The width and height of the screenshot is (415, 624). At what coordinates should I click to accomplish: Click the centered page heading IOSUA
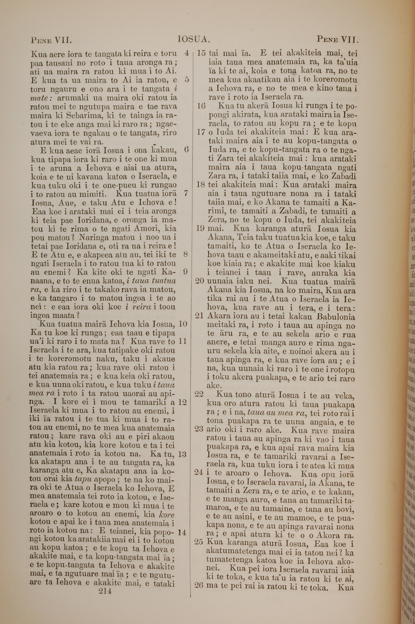click(x=194, y=40)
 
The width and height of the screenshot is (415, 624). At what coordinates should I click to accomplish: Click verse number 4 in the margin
click(x=187, y=53)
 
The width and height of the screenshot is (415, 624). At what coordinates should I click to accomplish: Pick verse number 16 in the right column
click(x=201, y=106)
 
